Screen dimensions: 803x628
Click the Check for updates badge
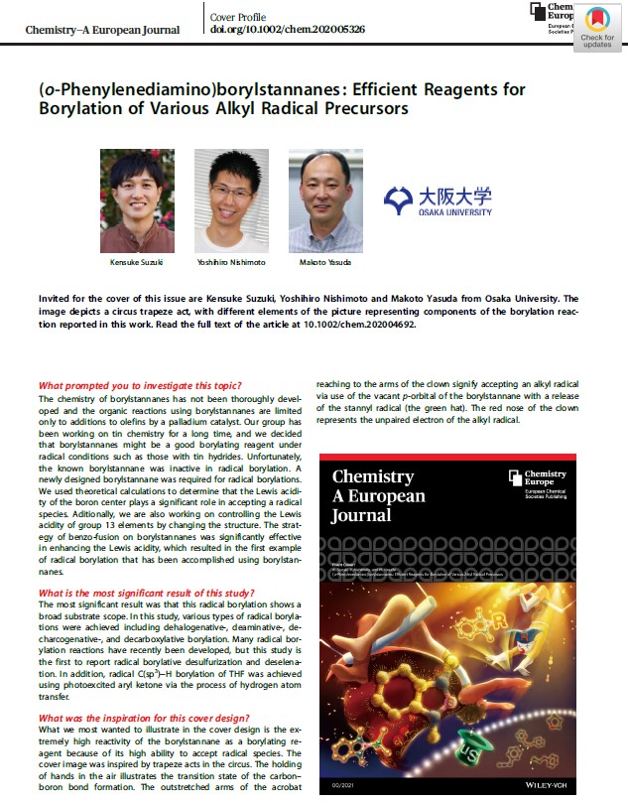pos(597,27)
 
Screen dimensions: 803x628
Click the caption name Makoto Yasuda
pos(324,264)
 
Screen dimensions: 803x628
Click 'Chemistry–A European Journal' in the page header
pos(102,29)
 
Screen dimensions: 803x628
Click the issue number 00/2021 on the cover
pos(343,784)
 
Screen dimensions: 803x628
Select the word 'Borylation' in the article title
pos(76,108)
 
